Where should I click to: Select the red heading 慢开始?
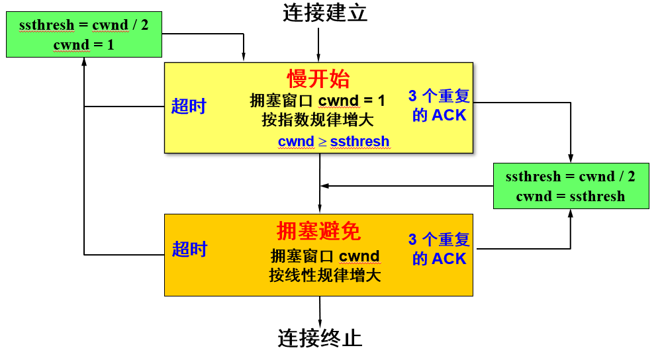click(x=318, y=79)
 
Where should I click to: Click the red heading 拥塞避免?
click(x=318, y=231)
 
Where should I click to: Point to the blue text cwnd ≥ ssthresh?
click(x=334, y=142)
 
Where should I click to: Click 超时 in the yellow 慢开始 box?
click(x=189, y=106)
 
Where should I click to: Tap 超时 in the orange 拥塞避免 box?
click(x=189, y=249)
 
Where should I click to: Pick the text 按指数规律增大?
click(x=318, y=120)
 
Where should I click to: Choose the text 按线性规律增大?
click(x=325, y=275)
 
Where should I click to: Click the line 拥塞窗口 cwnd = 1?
click(x=318, y=101)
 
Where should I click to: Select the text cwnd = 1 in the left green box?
click(x=83, y=44)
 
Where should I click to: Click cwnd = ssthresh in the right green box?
click(x=570, y=196)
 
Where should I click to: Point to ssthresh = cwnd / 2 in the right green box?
click(x=570, y=177)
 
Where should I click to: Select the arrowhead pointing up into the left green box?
click(x=84, y=62)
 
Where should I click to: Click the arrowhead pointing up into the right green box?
click(x=571, y=214)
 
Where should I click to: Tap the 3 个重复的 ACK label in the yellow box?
click(x=439, y=106)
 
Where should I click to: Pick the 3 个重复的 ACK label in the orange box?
click(x=439, y=249)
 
